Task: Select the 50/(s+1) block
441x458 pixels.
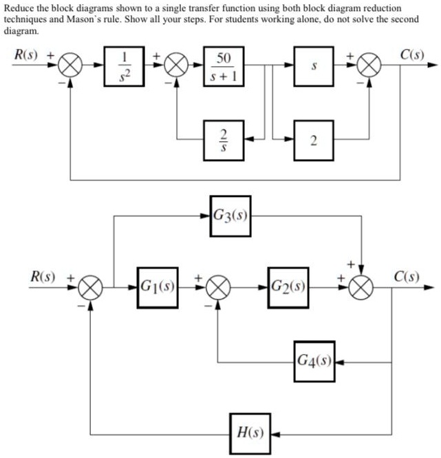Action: [x=224, y=67]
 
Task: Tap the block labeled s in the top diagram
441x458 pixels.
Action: [x=314, y=67]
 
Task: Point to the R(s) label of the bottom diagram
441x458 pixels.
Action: [x=42, y=277]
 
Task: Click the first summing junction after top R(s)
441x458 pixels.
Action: [x=69, y=67]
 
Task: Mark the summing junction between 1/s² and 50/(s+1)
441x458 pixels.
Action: [x=176, y=67]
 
